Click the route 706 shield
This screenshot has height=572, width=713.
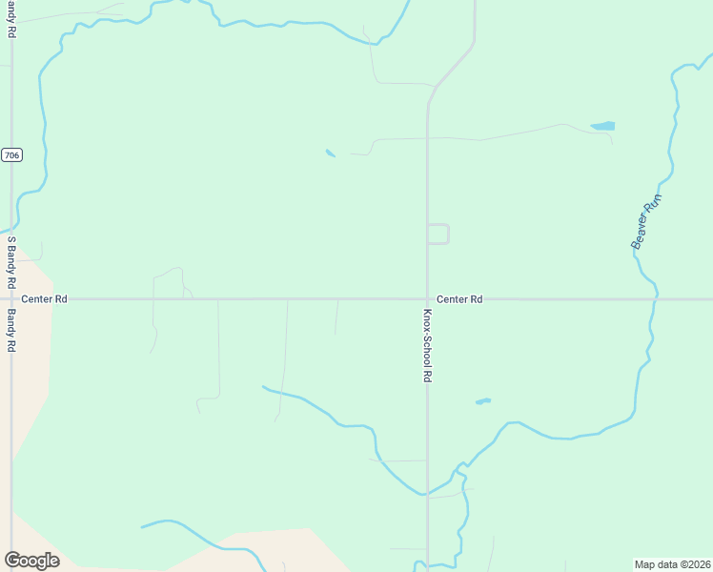[x=11, y=154]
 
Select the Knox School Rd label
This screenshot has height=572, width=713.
[x=428, y=345]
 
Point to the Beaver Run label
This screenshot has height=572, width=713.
[x=646, y=222]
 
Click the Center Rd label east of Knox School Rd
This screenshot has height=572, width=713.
[x=460, y=299]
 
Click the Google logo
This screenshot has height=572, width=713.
[x=31, y=560]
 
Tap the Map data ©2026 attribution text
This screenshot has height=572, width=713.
[x=672, y=563]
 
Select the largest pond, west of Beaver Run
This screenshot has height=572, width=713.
[x=602, y=126]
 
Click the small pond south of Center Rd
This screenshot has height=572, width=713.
[x=482, y=401]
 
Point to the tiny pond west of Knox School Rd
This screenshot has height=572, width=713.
[x=330, y=153]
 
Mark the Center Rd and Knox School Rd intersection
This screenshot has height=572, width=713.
[x=427, y=299]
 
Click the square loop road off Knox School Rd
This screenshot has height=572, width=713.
[x=439, y=234]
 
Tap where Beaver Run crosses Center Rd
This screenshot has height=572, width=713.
[x=656, y=299]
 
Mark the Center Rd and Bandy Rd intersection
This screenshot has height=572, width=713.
[x=11, y=299]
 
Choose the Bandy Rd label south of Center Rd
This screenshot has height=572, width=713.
[x=12, y=331]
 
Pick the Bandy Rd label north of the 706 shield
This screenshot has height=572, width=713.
[x=12, y=19]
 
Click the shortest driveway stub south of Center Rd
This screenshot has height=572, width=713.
[x=336, y=317]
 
